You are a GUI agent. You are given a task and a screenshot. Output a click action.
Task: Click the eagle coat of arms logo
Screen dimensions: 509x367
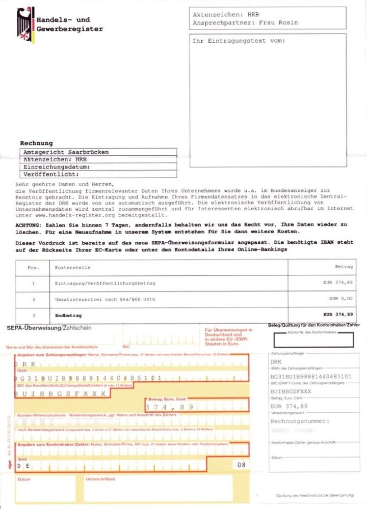[x=25, y=24]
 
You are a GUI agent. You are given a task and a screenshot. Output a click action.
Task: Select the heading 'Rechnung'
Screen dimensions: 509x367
[x=36, y=143]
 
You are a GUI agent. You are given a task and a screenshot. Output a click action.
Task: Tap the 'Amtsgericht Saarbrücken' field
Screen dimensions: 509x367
[x=66, y=152]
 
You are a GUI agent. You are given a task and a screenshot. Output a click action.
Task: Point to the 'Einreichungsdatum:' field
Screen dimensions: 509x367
[x=57, y=166]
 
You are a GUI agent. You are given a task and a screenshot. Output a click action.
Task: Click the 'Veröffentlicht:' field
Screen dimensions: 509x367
[x=50, y=174]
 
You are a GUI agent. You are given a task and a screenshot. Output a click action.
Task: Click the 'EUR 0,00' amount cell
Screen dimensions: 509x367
[x=340, y=298]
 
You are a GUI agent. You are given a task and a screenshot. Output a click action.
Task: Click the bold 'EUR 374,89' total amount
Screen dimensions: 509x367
[x=338, y=315]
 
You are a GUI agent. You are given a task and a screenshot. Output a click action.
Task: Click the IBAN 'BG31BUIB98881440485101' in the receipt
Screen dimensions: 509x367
[x=311, y=376]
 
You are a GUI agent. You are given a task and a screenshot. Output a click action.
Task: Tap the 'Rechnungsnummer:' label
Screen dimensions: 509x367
[x=300, y=421]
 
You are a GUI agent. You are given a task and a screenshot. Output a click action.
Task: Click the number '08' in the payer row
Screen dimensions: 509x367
[x=241, y=465]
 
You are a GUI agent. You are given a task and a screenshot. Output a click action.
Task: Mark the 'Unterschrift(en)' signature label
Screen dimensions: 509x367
[x=100, y=479]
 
